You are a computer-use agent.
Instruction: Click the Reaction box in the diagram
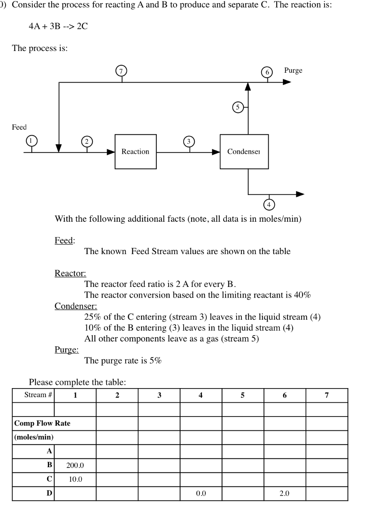(136, 152)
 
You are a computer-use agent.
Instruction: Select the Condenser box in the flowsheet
(244, 152)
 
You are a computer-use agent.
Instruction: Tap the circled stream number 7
(122, 71)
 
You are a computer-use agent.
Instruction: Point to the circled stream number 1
(31, 140)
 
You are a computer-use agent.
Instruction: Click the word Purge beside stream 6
(293, 70)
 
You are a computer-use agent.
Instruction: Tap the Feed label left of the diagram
(19, 127)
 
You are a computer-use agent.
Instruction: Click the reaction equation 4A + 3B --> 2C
(58, 26)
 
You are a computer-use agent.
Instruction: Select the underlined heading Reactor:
(70, 273)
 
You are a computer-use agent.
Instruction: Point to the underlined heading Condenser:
(75, 306)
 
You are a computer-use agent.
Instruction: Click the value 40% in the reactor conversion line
(301, 295)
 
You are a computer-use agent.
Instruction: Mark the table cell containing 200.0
(75, 466)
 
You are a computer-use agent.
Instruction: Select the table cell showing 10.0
(75, 479)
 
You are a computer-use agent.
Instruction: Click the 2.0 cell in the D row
(284, 494)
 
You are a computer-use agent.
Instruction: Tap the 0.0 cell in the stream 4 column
(201, 494)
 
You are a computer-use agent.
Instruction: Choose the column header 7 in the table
(326, 395)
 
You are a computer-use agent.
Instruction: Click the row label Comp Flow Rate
(42, 423)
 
